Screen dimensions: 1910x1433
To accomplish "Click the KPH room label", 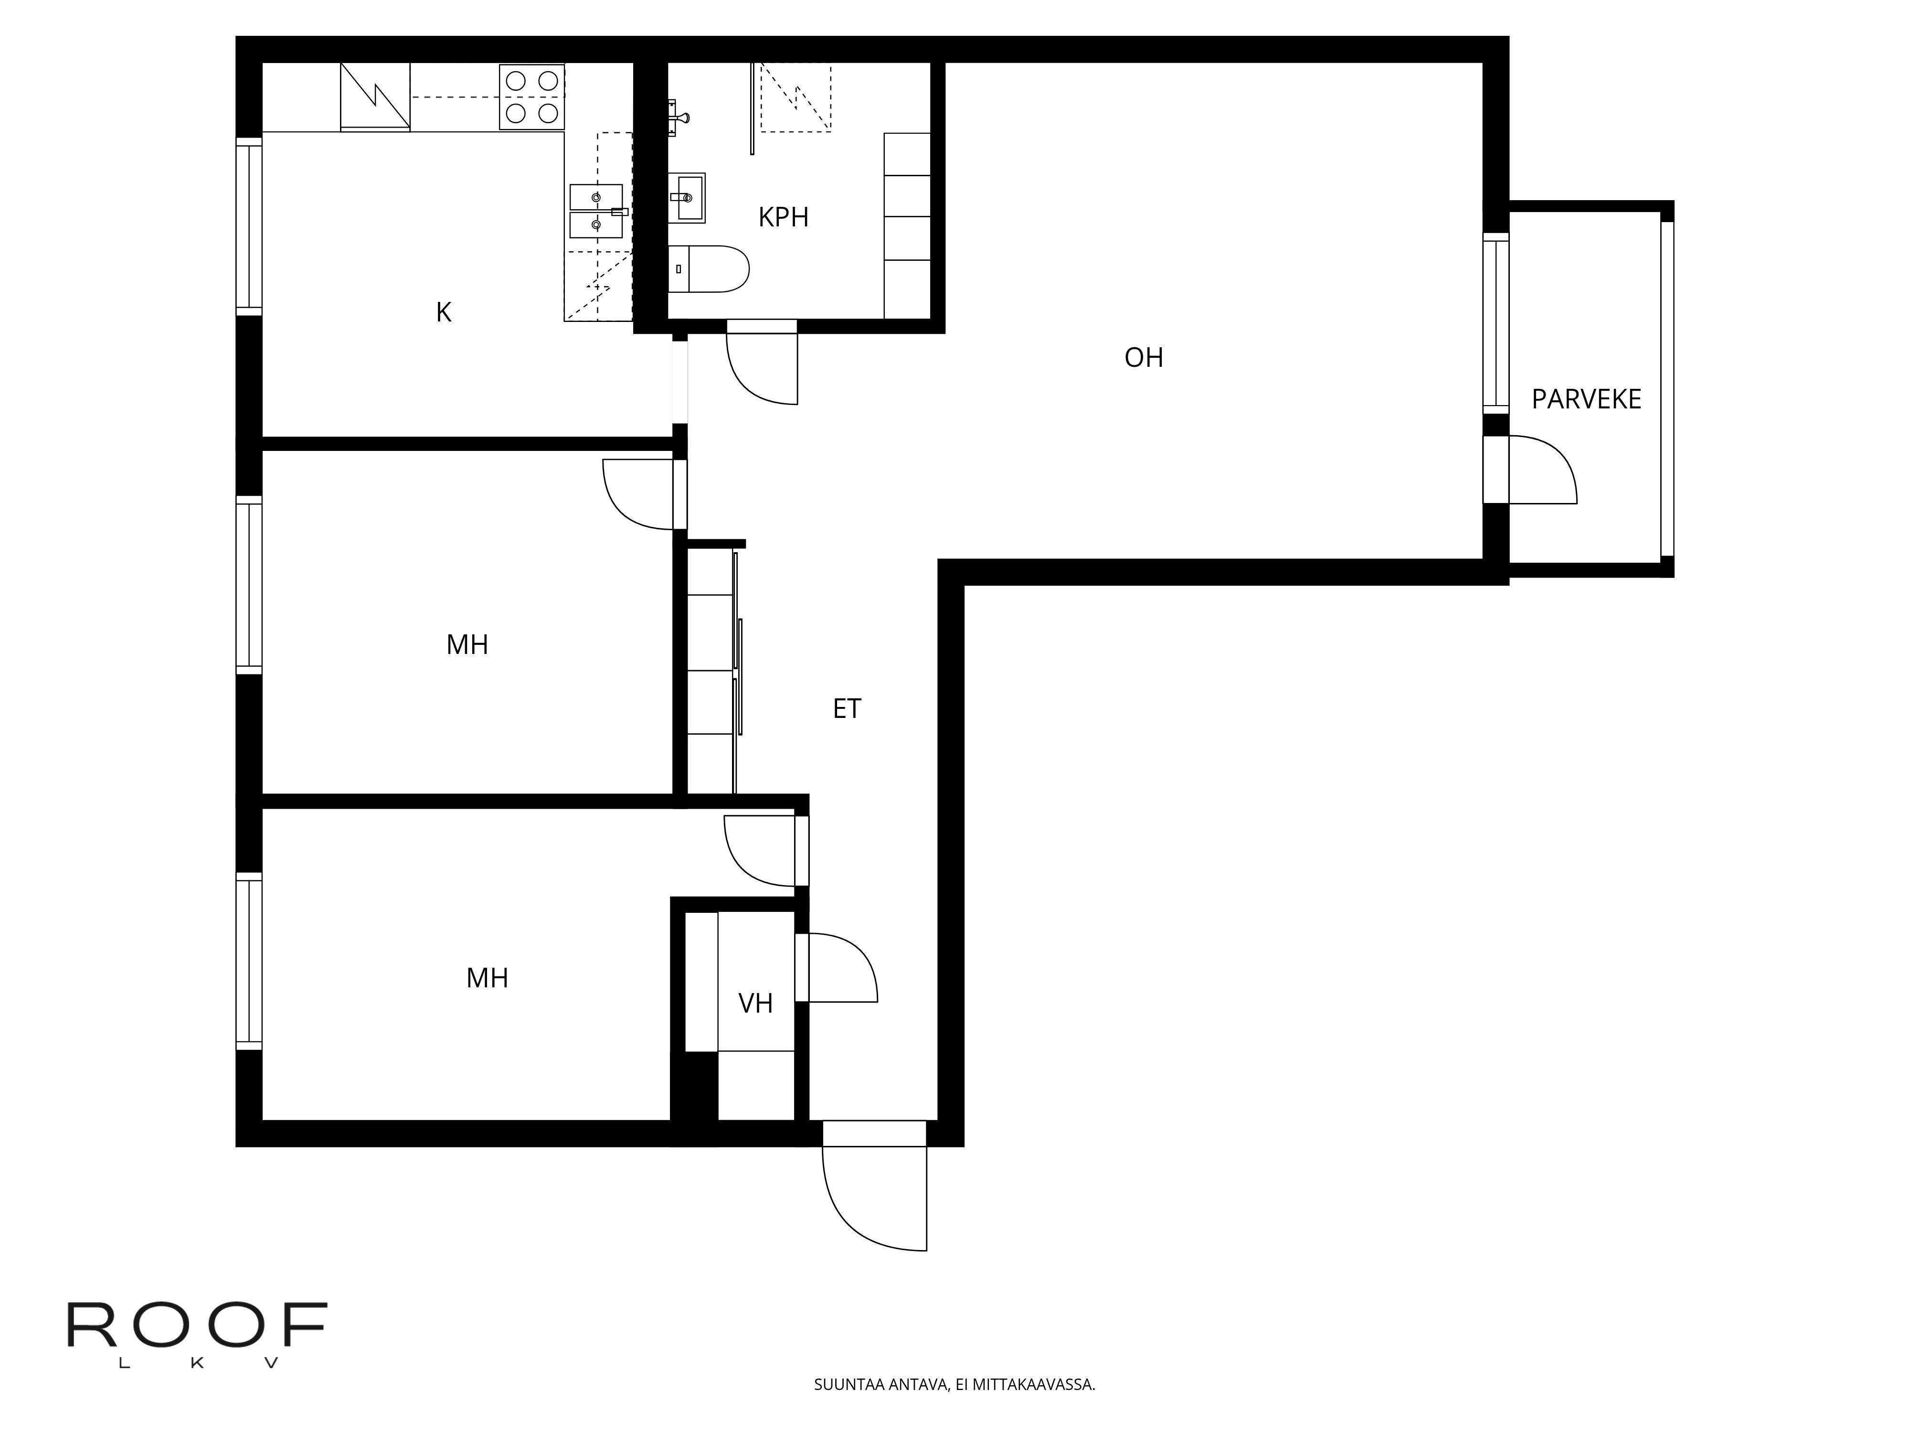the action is [783, 217].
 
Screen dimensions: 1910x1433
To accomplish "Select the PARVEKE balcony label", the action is [1586, 399].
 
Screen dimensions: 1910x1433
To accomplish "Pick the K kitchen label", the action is [444, 312].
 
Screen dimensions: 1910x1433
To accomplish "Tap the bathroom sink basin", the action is [687, 198].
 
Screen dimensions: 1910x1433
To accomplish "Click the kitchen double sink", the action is [596, 211].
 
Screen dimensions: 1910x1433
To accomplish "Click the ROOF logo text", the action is [197, 1326].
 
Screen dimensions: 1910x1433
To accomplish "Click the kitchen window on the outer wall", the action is [249, 226].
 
